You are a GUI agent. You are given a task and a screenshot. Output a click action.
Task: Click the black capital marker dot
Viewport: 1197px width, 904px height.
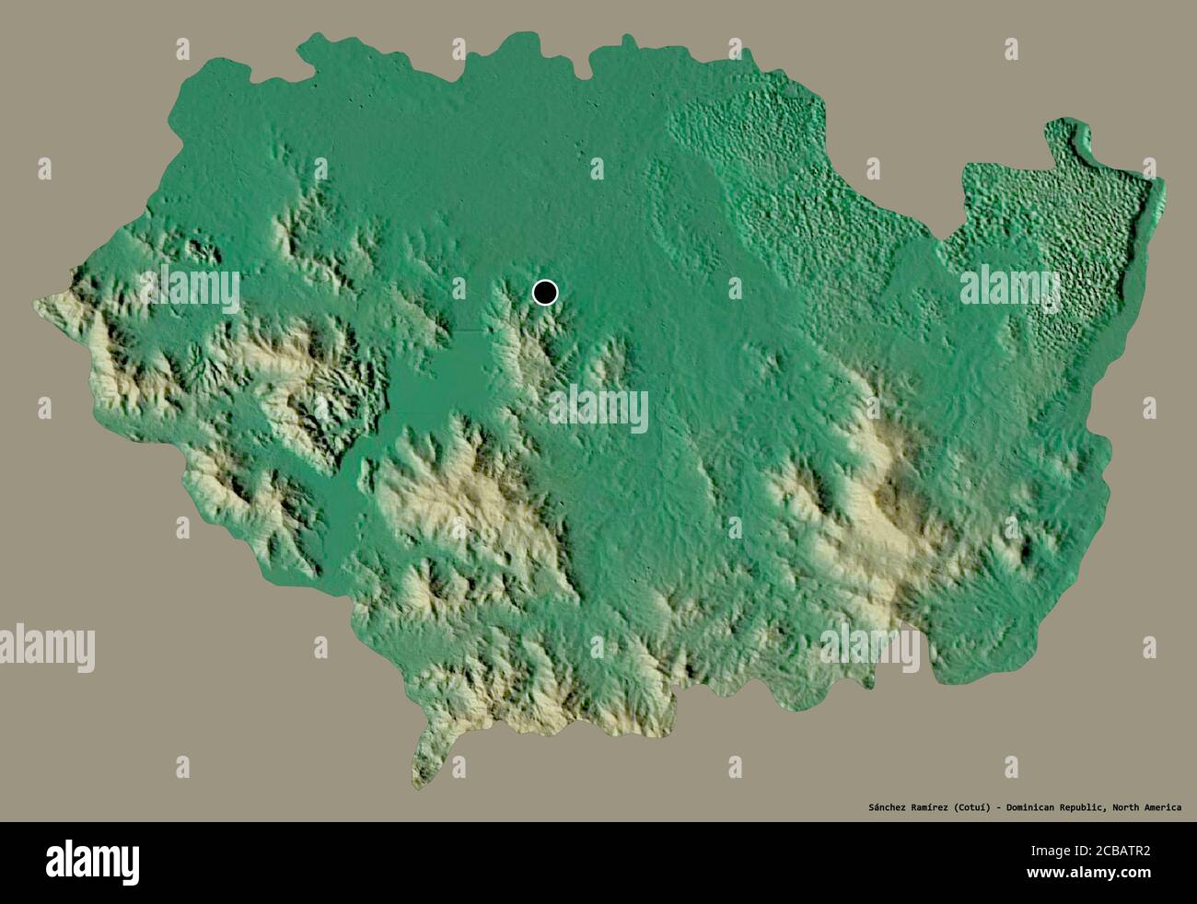point(545,293)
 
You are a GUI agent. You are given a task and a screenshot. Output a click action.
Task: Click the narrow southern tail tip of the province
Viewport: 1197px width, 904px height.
point(419,782)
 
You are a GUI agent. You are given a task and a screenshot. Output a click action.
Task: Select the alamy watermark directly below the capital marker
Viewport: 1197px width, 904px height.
point(598,410)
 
